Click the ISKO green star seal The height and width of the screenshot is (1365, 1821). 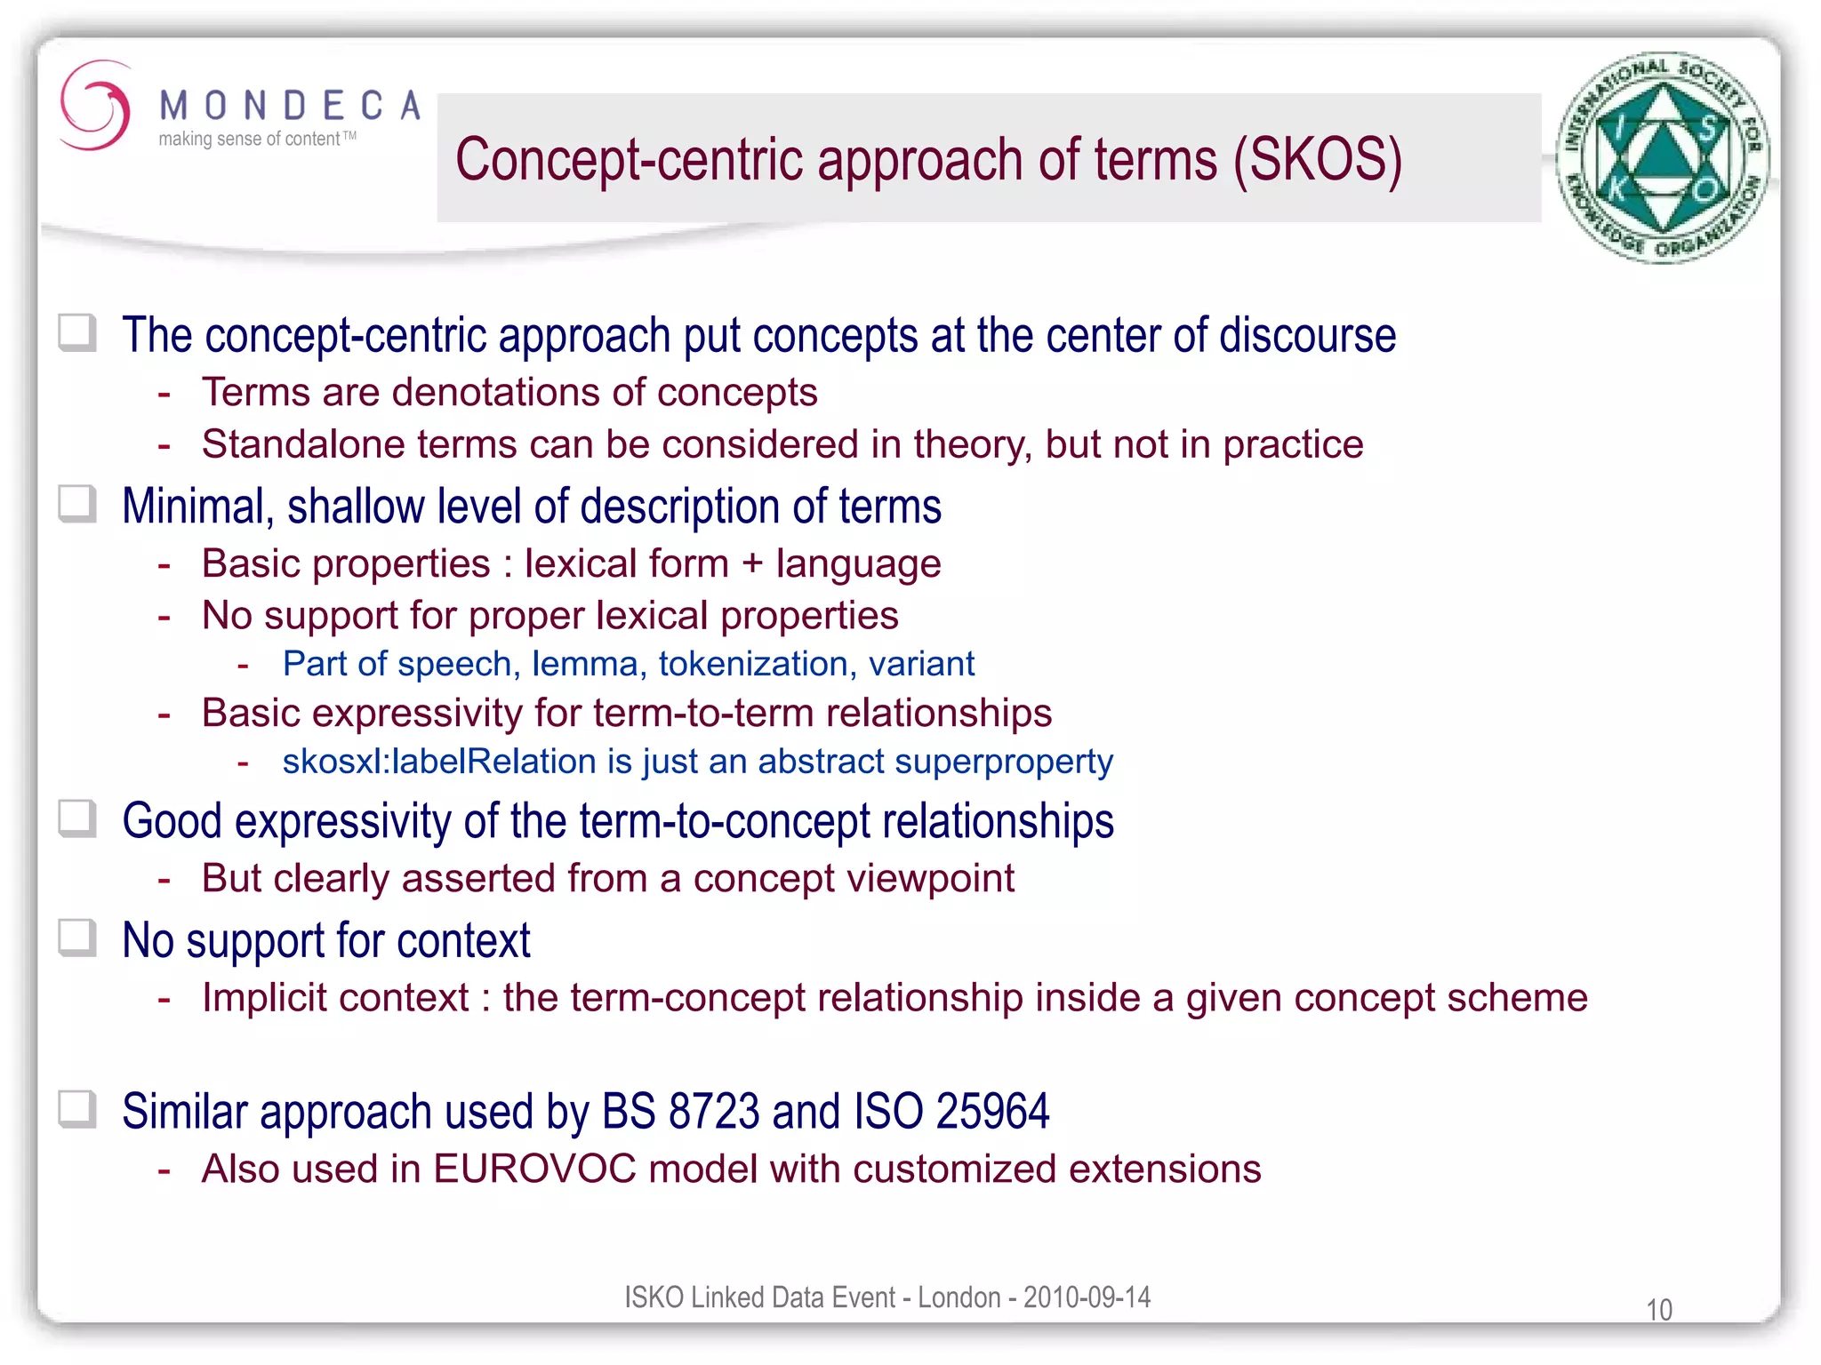pyautogui.click(x=1663, y=157)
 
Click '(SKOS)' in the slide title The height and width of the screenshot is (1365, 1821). pyautogui.click(x=1317, y=161)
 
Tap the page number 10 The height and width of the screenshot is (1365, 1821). pyautogui.click(x=1658, y=1310)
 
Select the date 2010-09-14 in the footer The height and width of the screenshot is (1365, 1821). pyautogui.click(x=1087, y=1297)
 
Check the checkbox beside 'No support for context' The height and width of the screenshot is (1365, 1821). pyautogui.click(x=77, y=938)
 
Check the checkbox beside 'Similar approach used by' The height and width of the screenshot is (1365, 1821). pyautogui.click(x=77, y=1109)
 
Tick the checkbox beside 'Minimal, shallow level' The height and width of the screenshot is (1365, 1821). pyautogui.click(x=77, y=504)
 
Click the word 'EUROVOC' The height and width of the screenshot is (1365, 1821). pyautogui.click(x=534, y=1169)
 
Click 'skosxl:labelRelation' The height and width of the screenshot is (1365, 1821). pyautogui.click(x=439, y=762)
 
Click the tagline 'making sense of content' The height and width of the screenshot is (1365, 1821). pyautogui.click(x=249, y=140)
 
